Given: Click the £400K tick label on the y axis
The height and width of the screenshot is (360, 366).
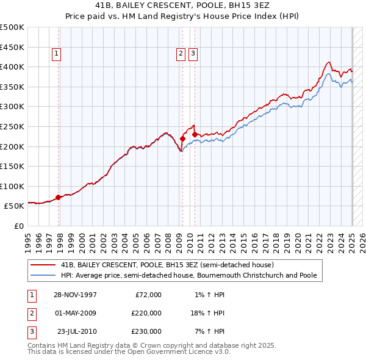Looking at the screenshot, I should tap(12, 67).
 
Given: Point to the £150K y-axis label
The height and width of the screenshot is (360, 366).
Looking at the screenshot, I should tap(12, 166).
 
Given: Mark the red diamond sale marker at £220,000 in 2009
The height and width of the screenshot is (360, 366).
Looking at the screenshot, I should tap(182, 139).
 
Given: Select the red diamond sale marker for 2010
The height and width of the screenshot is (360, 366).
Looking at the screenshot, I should tap(195, 134).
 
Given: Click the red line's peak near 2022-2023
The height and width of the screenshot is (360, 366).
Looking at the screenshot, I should tap(329, 62).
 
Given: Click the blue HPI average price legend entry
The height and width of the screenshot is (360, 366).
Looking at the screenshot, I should tap(188, 275).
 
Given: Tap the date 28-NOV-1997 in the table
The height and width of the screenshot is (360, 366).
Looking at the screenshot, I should tap(76, 295).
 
